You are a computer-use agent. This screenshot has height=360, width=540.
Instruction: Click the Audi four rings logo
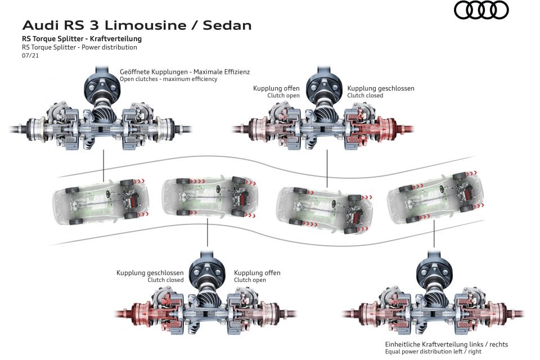click(x=481, y=10)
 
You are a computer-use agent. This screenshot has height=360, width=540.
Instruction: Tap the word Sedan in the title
click(x=227, y=25)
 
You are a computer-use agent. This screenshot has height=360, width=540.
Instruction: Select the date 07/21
click(x=30, y=56)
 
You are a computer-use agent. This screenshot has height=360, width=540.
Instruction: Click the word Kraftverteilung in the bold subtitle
click(x=116, y=39)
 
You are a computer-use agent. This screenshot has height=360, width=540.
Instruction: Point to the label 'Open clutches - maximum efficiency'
click(x=168, y=79)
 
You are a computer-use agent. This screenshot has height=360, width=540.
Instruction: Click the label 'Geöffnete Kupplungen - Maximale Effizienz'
click(x=184, y=71)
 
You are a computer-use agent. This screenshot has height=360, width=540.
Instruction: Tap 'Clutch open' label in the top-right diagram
click(x=283, y=96)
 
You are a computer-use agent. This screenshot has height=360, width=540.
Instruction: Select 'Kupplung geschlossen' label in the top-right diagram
click(x=381, y=88)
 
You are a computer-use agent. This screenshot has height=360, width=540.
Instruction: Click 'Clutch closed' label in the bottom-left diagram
click(x=165, y=280)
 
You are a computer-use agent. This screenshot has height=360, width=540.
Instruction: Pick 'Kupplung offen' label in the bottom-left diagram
click(x=257, y=272)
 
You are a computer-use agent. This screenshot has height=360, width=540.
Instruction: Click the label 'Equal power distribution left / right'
click(x=433, y=352)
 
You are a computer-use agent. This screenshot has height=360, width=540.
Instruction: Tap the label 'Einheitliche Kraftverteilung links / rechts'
click(x=446, y=344)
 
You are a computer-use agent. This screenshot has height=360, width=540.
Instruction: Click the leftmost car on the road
click(x=101, y=202)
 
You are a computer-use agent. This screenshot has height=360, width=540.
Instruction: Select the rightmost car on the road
click(x=435, y=198)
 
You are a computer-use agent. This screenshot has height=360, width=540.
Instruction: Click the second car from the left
click(x=209, y=197)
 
